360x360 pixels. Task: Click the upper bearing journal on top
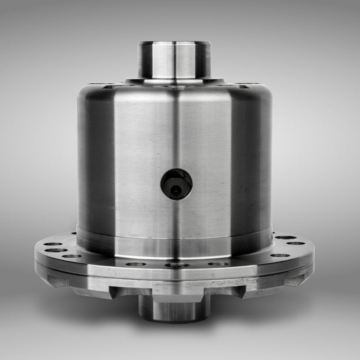point(174,59)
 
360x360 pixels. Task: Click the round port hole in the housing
point(176,184)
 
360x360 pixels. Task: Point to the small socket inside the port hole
point(176,191)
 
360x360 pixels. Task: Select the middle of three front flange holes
point(176,265)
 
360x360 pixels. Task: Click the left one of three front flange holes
point(135,264)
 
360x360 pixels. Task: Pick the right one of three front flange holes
point(218,264)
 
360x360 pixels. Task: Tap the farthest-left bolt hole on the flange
point(53,244)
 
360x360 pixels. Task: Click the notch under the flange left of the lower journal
point(123,292)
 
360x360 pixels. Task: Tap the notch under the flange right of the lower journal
point(226,292)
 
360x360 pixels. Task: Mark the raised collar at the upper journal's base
point(174,81)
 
